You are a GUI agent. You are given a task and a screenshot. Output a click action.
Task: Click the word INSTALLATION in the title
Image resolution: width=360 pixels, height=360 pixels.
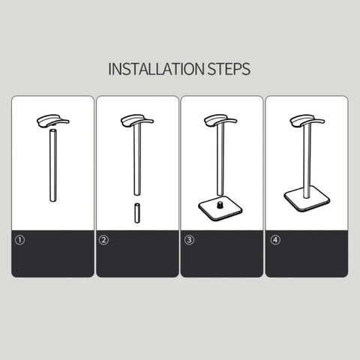pyautogui.click(x=156, y=69)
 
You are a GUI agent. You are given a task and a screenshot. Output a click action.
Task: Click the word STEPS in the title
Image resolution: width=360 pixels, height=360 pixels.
pyautogui.click(x=229, y=69)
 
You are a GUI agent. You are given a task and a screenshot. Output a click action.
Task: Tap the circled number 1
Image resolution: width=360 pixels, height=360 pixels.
pyautogui.click(x=20, y=240)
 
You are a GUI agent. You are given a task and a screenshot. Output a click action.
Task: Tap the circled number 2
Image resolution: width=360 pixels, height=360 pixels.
pyautogui.click(x=103, y=240)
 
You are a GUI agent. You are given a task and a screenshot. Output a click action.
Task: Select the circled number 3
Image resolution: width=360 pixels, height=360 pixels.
pyautogui.click(x=189, y=240)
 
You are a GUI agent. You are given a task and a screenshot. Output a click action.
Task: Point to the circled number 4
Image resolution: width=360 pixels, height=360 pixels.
pyautogui.click(x=275, y=240)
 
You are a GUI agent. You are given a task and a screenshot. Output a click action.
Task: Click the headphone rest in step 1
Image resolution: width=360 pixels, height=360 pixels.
pyautogui.click(x=52, y=121)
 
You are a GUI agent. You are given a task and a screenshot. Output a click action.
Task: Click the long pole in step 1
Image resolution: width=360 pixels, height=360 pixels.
pyautogui.click(x=53, y=165)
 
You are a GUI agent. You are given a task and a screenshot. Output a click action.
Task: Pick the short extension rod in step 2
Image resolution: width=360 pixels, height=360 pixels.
pyautogui.click(x=137, y=213)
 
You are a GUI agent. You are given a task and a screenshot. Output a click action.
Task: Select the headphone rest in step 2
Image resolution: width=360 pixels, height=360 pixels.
pyautogui.click(x=137, y=121)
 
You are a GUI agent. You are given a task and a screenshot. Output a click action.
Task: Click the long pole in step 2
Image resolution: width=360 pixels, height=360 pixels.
pyautogui.click(x=137, y=160)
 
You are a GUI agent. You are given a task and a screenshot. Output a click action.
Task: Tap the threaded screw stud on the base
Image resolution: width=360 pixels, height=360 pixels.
pyautogui.click(x=220, y=205)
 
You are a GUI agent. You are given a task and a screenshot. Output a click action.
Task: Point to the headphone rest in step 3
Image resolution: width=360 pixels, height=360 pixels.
pyautogui.click(x=220, y=121)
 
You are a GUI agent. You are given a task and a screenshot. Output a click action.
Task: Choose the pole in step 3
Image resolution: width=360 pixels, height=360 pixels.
pyautogui.click(x=220, y=160)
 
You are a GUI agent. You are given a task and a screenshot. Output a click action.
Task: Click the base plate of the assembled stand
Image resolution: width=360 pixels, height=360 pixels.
pyautogui.click(x=307, y=200)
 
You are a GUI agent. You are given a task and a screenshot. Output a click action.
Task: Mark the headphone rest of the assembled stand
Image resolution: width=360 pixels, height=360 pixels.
pyautogui.click(x=307, y=121)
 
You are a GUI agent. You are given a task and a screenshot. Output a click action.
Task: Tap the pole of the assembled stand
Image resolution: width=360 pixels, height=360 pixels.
pyautogui.click(x=307, y=161)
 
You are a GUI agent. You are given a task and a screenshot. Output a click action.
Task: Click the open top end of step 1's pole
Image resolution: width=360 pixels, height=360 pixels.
pyautogui.click(x=53, y=130)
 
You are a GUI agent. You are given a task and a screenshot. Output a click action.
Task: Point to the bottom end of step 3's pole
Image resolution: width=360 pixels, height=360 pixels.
pyautogui.click(x=220, y=194)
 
